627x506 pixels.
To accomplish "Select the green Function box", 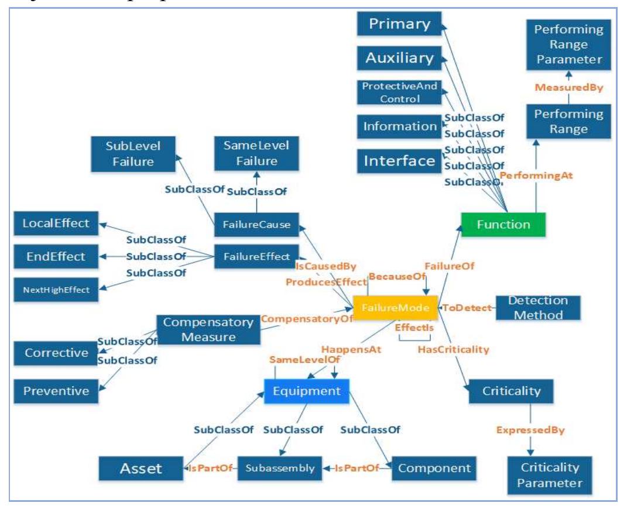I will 503,224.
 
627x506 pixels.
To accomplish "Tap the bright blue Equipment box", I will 306,391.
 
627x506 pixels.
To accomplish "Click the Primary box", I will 399,25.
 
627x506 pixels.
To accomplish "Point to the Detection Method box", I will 538,308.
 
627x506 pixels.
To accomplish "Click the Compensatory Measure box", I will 208,331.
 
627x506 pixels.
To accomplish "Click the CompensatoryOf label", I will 307,319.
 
